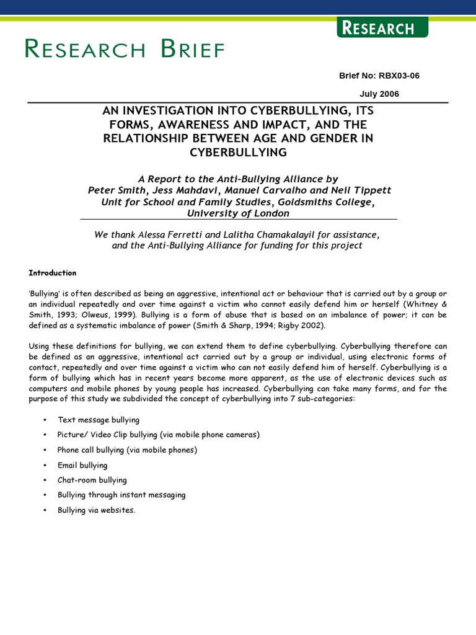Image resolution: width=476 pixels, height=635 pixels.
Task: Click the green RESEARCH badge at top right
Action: pyautogui.click(x=382, y=28)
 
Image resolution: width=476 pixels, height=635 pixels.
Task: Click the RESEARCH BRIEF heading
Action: pyautogui.click(x=125, y=49)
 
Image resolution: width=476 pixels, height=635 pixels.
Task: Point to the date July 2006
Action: pyautogui.click(x=379, y=94)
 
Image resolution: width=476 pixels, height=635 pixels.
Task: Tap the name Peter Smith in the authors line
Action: pyautogui.click(x=116, y=190)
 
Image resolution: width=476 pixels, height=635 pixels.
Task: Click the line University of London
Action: pyautogui.click(x=238, y=213)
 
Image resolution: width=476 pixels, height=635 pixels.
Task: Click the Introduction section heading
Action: pyautogui.click(x=53, y=273)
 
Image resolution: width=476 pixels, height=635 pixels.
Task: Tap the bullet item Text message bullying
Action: pyautogui.click(x=99, y=420)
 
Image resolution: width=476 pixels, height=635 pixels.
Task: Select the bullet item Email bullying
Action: pyautogui.click(x=82, y=465)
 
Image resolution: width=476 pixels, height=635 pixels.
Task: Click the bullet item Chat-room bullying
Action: pyautogui.click(x=92, y=480)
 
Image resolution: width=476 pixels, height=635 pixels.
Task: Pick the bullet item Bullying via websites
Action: pyautogui.click(x=96, y=510)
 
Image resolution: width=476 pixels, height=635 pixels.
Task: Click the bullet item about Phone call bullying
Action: pyautogui.click(x=127, y=450)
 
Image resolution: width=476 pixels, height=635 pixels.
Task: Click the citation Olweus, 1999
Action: pyautogui.click(x=103, y=314)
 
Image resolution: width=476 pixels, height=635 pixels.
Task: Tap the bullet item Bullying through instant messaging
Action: pyautogui.click(x=121, y=495)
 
